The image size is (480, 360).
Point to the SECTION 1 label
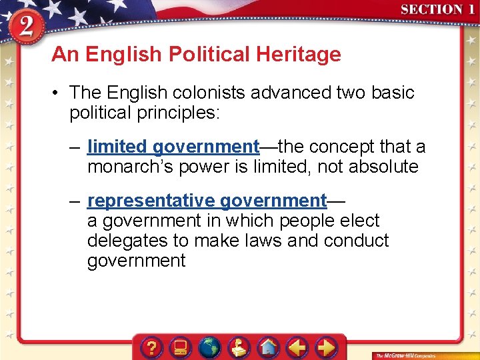(437, 9)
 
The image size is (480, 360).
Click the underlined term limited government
(173, 146)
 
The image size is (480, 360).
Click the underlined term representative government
(207, 200)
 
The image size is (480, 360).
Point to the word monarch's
(127, 166)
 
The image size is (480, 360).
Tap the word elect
(357, 220)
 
